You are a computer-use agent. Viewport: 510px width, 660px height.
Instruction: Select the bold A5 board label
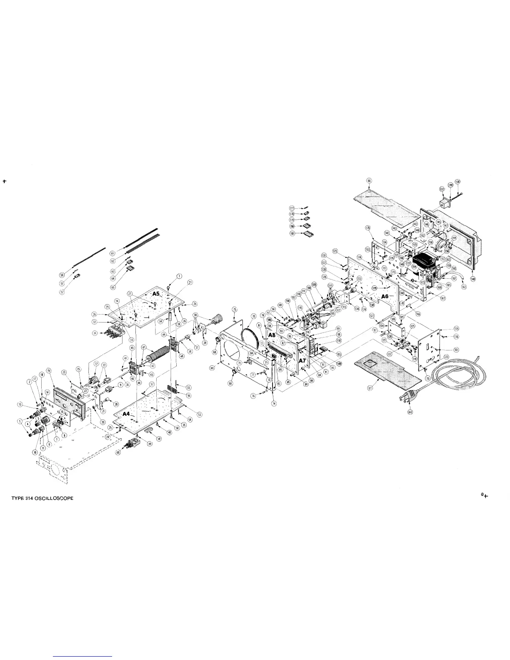[156, 293]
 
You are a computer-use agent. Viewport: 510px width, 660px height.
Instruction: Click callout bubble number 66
[369, 180]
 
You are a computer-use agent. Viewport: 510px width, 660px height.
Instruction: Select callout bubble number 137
[442, 190]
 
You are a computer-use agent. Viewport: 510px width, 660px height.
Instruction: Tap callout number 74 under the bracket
[274, 403]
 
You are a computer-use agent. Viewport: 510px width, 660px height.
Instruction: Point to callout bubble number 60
[118, 453]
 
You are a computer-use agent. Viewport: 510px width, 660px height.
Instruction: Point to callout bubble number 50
[62, 275]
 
